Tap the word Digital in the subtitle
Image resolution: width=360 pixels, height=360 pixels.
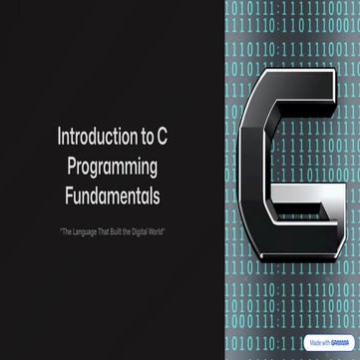click(x=142, y=231)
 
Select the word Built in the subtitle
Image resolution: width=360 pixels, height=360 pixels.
click(x=120, y=231)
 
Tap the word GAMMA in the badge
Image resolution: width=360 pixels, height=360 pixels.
click(x=340, y=340)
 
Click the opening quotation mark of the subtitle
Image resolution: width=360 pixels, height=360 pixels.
click(x=61, y=231)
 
